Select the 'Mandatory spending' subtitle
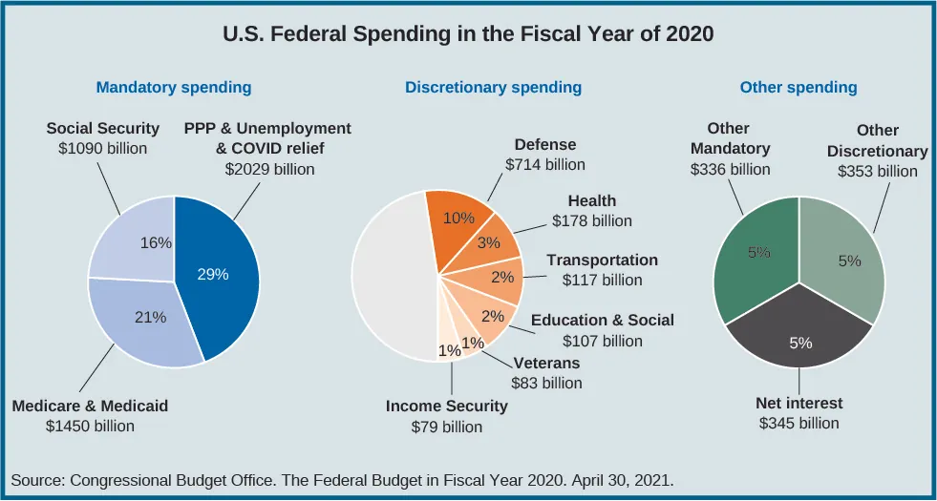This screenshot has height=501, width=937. tap(174, 88)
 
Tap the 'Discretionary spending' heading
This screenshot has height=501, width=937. tap(493, 88)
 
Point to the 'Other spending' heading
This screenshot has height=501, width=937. tap(799, 88)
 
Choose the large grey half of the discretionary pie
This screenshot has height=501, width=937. tap(392, 277)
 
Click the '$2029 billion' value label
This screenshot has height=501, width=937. tap(269, 169)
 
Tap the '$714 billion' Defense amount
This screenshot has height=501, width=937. tap(544, 164)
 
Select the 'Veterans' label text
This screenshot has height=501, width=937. tap(546, 364)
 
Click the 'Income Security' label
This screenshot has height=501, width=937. tap(447, 407)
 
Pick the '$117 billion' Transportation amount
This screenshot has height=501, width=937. tap(602, 281)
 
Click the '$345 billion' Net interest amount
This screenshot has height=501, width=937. tap(799, 423)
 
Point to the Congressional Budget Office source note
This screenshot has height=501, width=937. tap(342, 480)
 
